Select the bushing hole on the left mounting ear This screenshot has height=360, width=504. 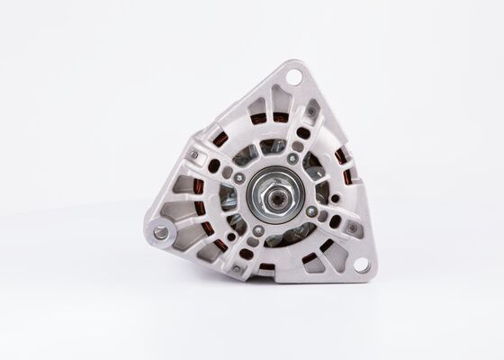(162, 232)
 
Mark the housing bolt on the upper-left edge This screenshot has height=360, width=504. (192, 156)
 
